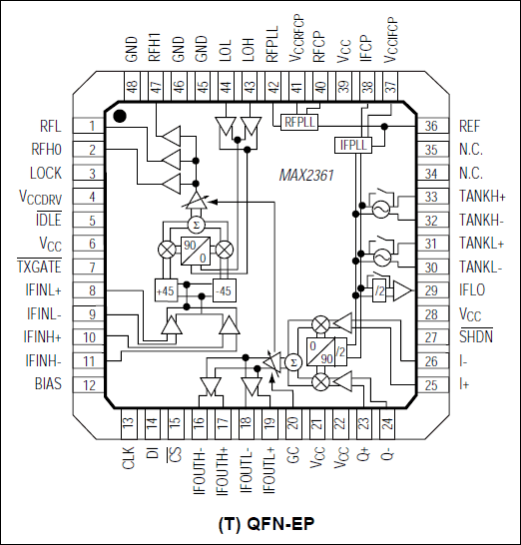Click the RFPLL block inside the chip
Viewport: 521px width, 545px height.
299,122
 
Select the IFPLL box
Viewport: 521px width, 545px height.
353,145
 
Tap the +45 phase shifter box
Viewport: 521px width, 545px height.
166,290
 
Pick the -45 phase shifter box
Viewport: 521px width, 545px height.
225,290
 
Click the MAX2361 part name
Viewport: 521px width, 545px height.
306,176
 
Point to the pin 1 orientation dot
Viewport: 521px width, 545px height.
120,116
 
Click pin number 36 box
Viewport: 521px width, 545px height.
431,126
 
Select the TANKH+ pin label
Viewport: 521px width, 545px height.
482,197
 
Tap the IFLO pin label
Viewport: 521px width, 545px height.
472,290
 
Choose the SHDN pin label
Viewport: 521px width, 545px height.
476,336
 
